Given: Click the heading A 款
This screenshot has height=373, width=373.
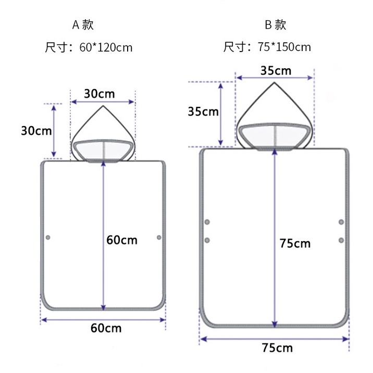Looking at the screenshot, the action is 83,24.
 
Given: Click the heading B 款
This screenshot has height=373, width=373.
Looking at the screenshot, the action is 276,24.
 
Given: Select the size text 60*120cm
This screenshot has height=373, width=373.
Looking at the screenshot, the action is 106,47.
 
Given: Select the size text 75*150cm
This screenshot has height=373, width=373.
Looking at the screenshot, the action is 284,47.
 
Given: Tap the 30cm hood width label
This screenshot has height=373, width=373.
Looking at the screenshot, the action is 100,94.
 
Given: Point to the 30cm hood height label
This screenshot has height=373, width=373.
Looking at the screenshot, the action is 36,131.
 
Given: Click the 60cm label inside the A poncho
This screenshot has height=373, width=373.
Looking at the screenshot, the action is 122,240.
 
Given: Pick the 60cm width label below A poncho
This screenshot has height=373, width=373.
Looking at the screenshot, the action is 106,328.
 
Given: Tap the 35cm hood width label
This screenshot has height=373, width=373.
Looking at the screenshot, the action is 276,71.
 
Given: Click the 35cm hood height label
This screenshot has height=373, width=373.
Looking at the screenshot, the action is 203,111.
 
